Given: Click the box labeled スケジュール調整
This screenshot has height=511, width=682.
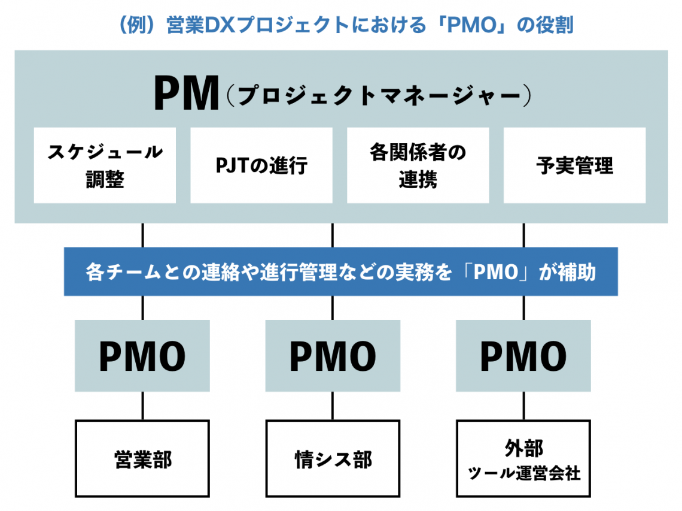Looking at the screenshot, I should coord(105,165).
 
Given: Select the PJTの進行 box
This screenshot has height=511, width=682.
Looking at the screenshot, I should coord(261,165).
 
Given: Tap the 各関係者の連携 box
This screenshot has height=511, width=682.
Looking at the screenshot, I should coord(418,165).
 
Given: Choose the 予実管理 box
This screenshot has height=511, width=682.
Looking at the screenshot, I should coord(574,165).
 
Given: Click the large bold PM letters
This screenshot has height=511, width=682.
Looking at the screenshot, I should coord(186,94).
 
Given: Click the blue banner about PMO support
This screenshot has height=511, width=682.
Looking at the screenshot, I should coord(340,273).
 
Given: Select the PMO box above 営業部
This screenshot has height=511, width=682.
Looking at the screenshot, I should coord(142,356).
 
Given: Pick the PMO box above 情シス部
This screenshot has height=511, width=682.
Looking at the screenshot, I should coord(333,356).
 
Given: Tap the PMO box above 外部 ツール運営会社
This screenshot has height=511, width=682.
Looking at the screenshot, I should coord(523,356).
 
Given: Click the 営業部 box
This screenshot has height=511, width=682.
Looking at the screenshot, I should coord(142,458).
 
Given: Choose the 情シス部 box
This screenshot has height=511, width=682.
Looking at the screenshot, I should coord(333,458).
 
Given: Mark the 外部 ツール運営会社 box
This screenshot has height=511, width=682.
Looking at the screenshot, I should coord(523,458).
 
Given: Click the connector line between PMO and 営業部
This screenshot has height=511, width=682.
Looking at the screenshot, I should coord(142,406).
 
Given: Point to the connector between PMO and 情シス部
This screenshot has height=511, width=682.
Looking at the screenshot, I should coord(333,406).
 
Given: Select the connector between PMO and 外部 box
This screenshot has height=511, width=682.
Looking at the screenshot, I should coord(523,406).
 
